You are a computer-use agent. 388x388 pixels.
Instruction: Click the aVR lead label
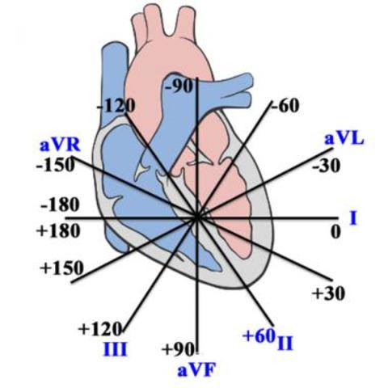pos(59,146)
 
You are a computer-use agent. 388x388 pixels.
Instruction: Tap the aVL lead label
pos(344,138)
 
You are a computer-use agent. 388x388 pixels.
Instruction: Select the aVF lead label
pos(196,370)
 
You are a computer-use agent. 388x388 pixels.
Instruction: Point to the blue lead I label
pos(353,217)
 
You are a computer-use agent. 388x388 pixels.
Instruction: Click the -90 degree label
pos(179,86)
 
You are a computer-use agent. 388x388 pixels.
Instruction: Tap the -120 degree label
pos(116,105)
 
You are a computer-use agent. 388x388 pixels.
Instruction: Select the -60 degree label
pos(285,105)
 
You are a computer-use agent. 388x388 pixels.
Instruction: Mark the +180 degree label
pos(58,231)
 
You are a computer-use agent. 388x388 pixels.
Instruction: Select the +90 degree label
pos(179,349)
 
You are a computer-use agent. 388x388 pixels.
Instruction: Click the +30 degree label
pos(328,292)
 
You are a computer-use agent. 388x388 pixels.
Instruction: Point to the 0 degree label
pos(335,231)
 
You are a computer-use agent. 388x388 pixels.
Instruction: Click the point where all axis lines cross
pos(196,217)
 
